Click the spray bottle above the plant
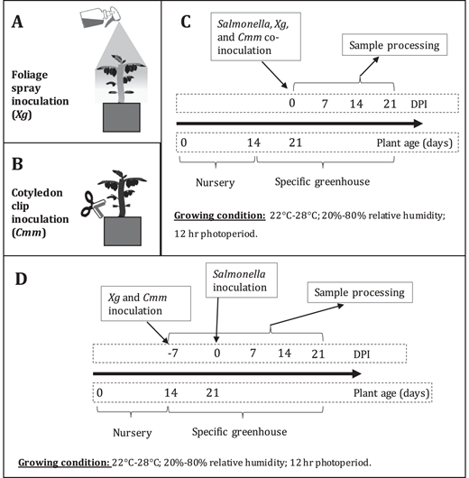(x=100, y=18)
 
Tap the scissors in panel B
(x=93, y=204)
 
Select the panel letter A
(x=17, y=23)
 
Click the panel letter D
(x=21, y=279)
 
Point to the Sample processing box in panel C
(x=395, y=45)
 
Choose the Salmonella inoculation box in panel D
(x=242, y=280)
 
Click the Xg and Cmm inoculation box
(x=146, y=304)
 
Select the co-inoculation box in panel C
(x=255, y=37)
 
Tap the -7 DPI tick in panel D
(x=173, y=353)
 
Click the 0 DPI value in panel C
(x=292, y=103)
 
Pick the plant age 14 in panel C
(x=253, y=142)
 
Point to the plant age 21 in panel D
(x=213, y=392)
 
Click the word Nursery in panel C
(x=216, y=182)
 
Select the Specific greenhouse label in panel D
(x=239, y=432)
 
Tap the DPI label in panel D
(x=362, y=354)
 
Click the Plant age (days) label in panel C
(x=414, y=143)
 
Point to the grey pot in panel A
(x=122, y=117)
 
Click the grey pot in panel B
(x=123, y=231)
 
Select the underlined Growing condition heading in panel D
(x=64, y=463)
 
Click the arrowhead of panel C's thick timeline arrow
(x=418, y=124)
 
